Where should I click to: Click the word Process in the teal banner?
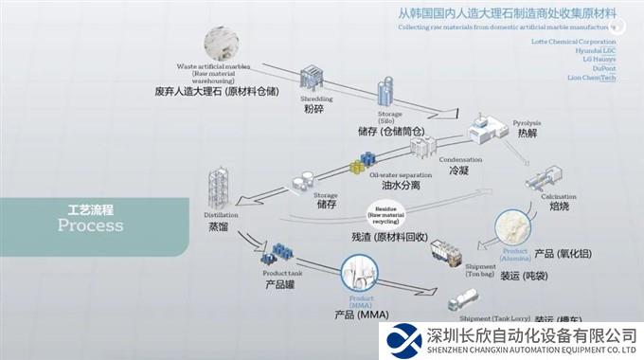coord(90,225)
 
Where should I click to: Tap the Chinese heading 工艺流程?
coord(90,207)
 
